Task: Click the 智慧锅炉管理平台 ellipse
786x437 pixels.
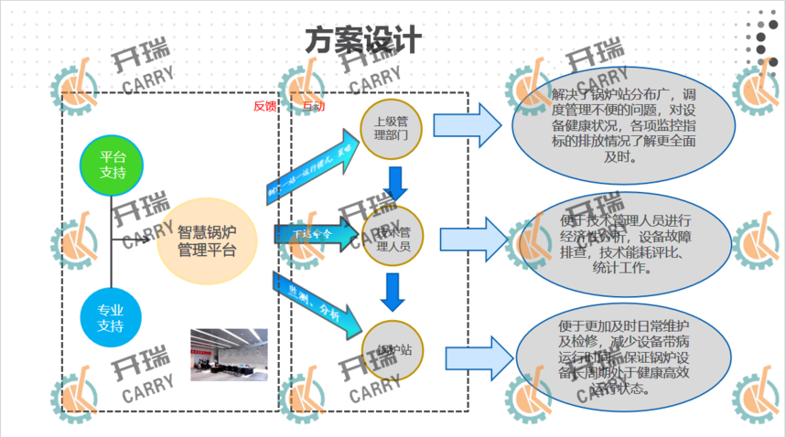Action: click(x=207, y=241)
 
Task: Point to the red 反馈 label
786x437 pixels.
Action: click(x=264, y=105)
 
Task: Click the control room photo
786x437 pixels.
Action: click(x=229, y=354)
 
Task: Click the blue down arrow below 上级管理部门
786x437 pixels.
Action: click(x=395, y=183)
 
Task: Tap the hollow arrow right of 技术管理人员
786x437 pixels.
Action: click(x=472, y=240)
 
